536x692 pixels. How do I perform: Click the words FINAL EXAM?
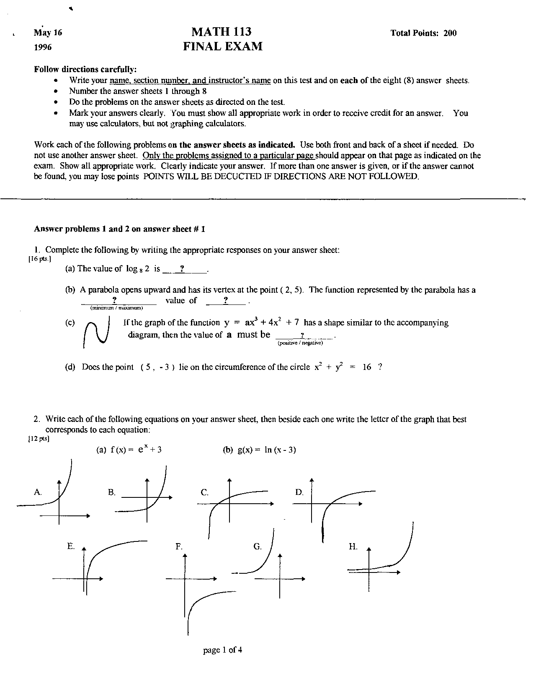[223, 47]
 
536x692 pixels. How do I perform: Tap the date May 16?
[48, 33]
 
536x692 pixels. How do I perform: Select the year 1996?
[43, 47]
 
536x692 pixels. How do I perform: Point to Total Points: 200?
[423, 33]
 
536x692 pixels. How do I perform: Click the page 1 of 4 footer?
[223, 650]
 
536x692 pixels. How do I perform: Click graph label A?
[38, 492]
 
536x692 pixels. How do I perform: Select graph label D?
[299, 492]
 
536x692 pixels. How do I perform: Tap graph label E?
[71, 546]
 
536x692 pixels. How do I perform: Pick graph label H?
[353, 546]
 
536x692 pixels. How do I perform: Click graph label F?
[179, 546]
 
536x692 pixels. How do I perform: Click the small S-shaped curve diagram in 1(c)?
[96, 332]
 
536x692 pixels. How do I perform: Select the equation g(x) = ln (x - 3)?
[260, 450]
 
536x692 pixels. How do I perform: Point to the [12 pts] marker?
[39, 439]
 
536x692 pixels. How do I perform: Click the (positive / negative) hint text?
[300, 343]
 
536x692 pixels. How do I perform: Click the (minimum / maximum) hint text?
[117, 308]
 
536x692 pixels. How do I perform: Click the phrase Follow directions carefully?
[85, 69]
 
